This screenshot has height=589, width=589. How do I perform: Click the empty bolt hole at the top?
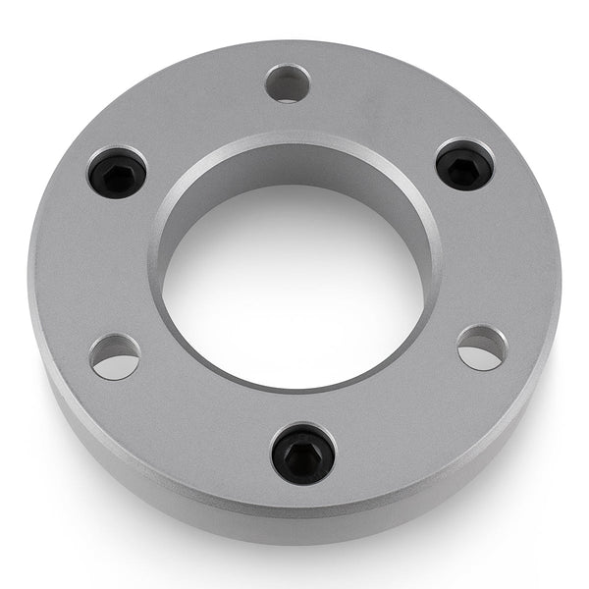point(288,83)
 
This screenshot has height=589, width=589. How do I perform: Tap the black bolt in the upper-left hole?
point(117,174)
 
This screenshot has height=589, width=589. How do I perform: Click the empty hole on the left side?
point(115,356)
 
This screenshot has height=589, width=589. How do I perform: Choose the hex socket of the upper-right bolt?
point(464,167)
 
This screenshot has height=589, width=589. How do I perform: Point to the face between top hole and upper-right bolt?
point(383,108)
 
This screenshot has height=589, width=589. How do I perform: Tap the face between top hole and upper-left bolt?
point(196,113)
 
